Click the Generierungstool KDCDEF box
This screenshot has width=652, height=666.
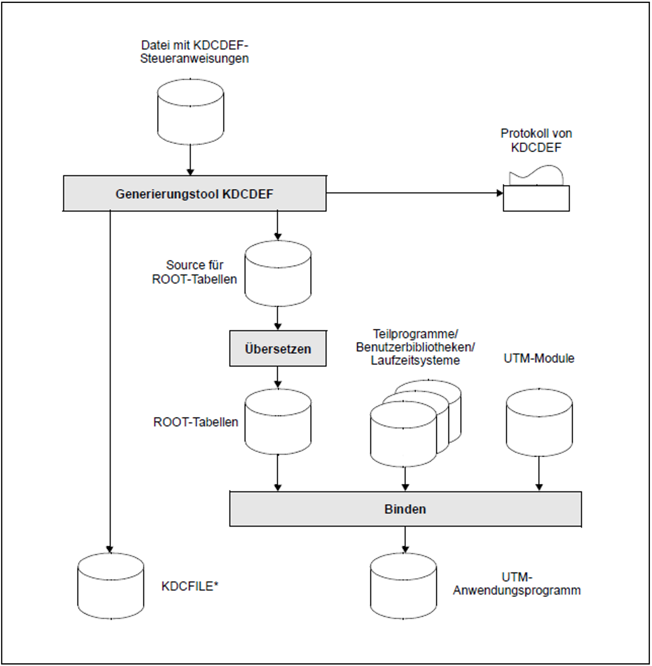pos(195,194)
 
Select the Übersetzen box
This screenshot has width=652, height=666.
pos(278,349)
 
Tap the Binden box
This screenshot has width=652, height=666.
pos(405,509)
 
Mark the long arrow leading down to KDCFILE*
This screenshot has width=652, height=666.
pos(110,377)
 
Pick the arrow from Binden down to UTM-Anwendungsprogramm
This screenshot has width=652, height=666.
pos(405,540)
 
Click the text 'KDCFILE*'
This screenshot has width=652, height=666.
pos(190,586)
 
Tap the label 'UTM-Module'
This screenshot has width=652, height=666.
pos(539,359)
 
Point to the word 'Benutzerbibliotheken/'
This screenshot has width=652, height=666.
pos(415,347)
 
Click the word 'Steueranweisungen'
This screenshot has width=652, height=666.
pos(194,58)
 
